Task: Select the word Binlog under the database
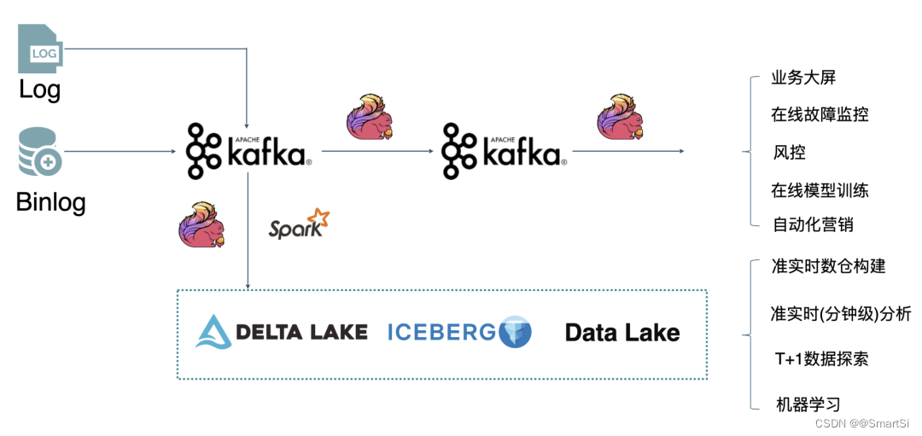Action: click(50, 203)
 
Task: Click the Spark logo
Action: click(299, 224)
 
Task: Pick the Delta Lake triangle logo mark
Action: click(214, 332)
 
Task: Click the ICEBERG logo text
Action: click(441, 332)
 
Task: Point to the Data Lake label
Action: click(622, 333)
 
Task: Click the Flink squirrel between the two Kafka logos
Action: click(370, 117)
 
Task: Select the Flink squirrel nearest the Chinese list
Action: click(620, 116)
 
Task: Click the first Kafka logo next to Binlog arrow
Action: click(248, 151)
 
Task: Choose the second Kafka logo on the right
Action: click(503, 151)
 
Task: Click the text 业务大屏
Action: click(803, 78)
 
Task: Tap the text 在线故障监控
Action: click(820, 113)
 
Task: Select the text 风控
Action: click(789, 153)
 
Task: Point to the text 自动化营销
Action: click(813, 225)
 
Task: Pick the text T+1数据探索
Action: click(821, 359)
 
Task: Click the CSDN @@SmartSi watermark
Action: click(863, 423)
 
